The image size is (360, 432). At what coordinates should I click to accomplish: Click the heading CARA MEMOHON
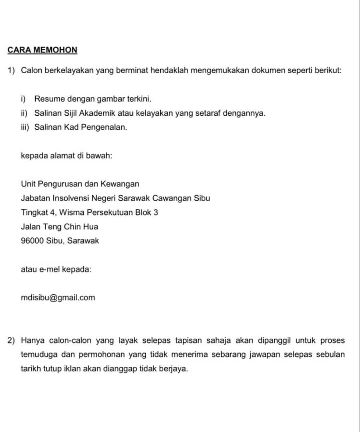pyautogui.click(x=42, y=50)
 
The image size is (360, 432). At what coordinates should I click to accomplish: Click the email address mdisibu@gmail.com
pyautogui.click(x=58, y=298)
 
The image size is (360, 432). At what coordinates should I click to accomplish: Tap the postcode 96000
pyautogui.click(x=32, y=241)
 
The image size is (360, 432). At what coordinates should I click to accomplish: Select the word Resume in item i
pyautogui.click(x=47, y=98)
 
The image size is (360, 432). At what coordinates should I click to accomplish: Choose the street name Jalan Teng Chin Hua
pyautogui.click(x=59, y=227)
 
